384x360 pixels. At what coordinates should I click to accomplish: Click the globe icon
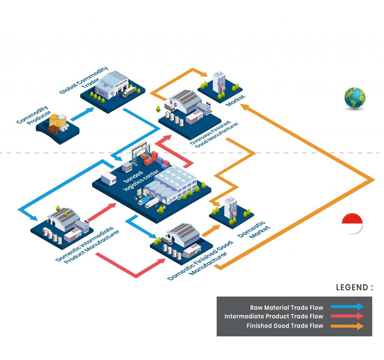coord(355,98)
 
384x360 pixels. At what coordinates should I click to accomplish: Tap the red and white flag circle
coord(352,223)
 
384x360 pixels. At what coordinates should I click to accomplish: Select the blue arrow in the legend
coord(347,306)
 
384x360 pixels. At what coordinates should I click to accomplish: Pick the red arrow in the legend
coord(347,316)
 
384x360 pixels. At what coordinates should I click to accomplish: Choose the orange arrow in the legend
coord(347,326)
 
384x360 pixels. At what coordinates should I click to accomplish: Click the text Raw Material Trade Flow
coord(286,307)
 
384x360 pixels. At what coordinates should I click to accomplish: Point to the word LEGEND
coord(354,288)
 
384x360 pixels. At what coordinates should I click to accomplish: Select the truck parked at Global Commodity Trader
coord(128,92)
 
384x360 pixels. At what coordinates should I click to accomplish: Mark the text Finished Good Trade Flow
coord(285,326)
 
